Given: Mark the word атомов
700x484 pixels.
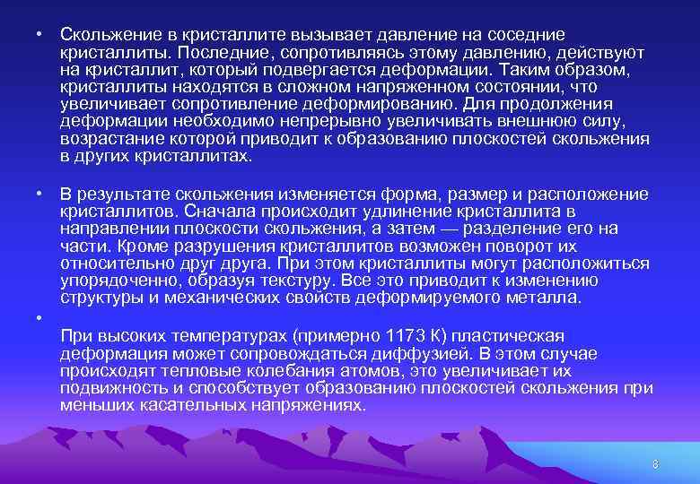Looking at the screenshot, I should pos(325,371).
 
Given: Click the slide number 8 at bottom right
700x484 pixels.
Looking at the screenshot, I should pos(655,463).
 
